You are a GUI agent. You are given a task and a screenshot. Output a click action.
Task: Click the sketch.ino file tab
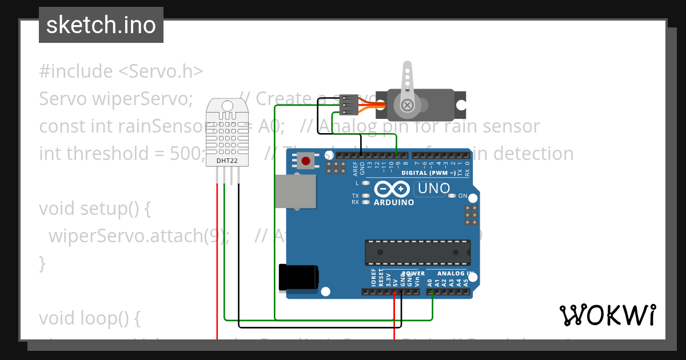pyautogui.click(x=101, y=25)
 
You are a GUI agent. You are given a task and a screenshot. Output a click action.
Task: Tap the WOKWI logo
pyautogui.click(x=607, y=315)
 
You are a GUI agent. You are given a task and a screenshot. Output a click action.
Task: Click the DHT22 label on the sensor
pyautogui.click(x=227, y=161)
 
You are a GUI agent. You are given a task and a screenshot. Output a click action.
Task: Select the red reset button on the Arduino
pyautogui.click(x=307, y=162)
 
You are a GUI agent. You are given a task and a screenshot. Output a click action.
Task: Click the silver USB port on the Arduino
pyautogui.click(x=296, y=191)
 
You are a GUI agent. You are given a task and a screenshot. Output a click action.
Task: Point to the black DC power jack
pyautogui.click(x=298, y=278)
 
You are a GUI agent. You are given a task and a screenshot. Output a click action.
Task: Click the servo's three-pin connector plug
pyautogui.click(x=348, y=105)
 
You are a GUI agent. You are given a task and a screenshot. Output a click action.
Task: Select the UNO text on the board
pyautogui.click(x=434, y=188)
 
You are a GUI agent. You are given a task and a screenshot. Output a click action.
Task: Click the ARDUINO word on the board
pyautogui.click(x=394, y=202)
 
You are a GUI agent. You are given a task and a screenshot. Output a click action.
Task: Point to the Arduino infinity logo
pyautogui.click(x=392, y=189)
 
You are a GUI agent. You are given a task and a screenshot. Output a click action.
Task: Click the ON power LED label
pyautogui.click(x=463, y=196)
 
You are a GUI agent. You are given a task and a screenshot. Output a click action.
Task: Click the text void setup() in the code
pyautogui.click(x=94, y=209)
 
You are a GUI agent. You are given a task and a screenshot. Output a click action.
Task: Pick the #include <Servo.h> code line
pyautogui.click(x=121, y=71)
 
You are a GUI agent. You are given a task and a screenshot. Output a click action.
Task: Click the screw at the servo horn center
pyautogui.click(x=407, y=105)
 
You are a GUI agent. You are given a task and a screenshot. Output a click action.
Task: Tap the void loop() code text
pyautogui.click(x=89, y=318)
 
